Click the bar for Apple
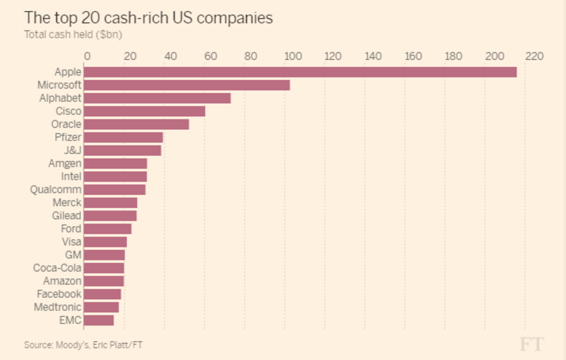click(300, 72)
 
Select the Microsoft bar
click(187, 85)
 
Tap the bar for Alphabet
click(157, 98)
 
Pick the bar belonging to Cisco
click(145, 111)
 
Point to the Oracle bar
click(136, 125)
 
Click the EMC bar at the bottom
click(99, 321)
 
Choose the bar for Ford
click(108, 229)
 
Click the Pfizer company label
click(68, 138)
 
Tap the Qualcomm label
click(56, 190)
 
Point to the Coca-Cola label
click(57, 268)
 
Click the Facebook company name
click(59, 294)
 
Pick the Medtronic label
click(57, 308)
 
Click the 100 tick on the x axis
click(293, 56)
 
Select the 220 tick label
click(534, 56)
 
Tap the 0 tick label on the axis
click(87, 56)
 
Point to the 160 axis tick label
click(413, 56)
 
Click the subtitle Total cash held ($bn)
click(73, 34)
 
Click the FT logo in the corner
click(531, 344)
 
